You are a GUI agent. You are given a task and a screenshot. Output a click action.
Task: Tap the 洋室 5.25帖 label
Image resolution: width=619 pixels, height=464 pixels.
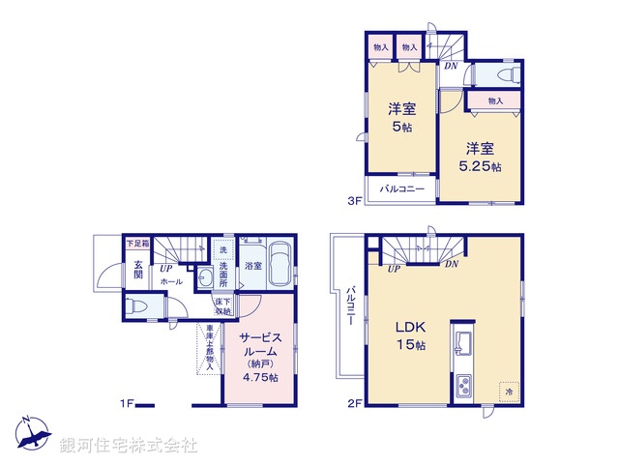tap(480, 157)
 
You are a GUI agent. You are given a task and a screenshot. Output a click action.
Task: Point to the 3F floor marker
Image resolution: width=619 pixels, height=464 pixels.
tap(354, 202)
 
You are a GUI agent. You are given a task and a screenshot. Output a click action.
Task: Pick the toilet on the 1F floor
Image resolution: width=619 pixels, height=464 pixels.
tap(136, 307)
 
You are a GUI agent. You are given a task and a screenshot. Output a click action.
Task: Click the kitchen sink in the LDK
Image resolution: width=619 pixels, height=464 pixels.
tap(460, 343)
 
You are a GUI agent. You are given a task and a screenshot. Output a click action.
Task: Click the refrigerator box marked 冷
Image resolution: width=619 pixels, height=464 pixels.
tap(508, 391)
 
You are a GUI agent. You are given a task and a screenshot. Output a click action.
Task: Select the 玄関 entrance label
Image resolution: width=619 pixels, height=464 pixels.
tap(137, 270)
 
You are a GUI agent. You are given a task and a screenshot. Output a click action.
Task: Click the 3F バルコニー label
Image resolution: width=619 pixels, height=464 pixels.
tap(402, 188)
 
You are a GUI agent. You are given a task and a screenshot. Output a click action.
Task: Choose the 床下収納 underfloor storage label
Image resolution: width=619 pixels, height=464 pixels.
tap(223, 306)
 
